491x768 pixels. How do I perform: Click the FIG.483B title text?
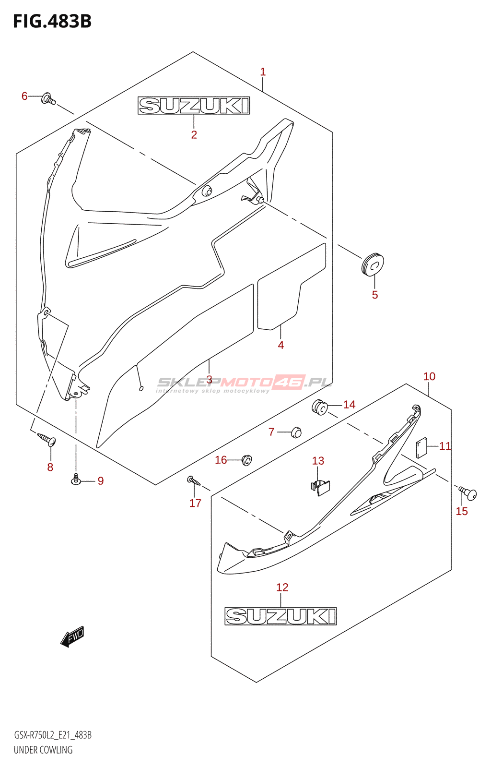pos(52,21)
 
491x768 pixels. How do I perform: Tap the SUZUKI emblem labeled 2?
pos(194,106)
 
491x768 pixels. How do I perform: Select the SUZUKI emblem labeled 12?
pos(281,616)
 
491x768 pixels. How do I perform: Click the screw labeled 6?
pos(48,99)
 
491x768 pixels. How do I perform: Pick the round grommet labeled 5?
pos(373,264)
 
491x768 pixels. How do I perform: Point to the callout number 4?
pos(281,345)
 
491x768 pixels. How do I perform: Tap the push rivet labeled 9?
pos(76,479)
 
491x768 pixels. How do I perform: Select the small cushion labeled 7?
pos(296,432)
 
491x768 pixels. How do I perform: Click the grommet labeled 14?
pos(320,407)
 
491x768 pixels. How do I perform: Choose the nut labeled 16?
pos(246,460)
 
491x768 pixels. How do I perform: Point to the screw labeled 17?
pos(194,480)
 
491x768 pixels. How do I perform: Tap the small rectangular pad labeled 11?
pos(422,448)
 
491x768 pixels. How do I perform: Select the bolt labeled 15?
pos(468,493)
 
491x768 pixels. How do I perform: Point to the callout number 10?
pos(429,376)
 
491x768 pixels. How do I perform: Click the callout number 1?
pos(263,72)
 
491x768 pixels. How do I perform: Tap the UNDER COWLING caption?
pos(43,750)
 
